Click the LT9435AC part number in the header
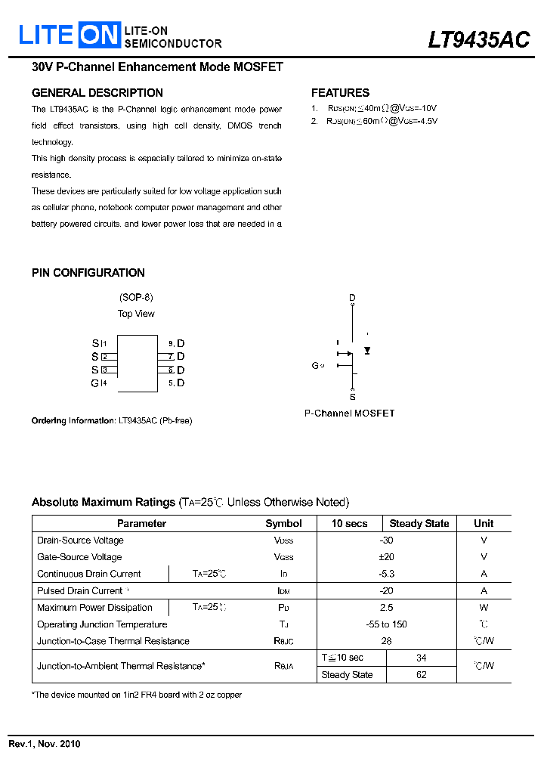click(478, 39)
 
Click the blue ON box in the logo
click(100, 34)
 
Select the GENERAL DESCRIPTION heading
click(97, 93)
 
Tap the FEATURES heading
click(340, 93)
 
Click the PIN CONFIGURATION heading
click(88, 273)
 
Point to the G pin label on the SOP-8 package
click(94, 383)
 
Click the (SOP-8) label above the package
click(136, 298)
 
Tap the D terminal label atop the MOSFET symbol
click(352, 298)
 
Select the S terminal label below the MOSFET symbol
click(352, 397)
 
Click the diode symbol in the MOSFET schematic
click(367, 351)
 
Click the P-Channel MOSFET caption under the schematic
click(349, 413)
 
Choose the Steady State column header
click(419, 523)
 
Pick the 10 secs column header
click(349, 523)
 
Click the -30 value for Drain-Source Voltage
click(386, 540)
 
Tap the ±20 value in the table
click(386, 557)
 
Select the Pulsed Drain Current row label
click(80, 591)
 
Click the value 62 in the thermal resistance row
click(422, 675)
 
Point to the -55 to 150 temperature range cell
click(386, 624)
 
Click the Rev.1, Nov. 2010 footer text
click(45, 744)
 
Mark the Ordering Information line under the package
click(112, 421)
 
